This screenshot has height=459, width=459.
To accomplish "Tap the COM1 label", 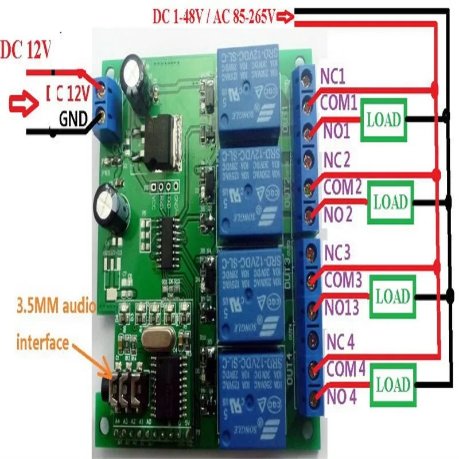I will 339,103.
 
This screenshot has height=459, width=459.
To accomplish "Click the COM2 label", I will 342,186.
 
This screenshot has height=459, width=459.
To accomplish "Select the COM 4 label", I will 345,369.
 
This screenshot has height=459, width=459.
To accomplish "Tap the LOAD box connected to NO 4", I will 393,384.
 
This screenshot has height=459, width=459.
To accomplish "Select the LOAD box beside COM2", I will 390,202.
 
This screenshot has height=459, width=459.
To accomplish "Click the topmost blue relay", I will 248,94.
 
